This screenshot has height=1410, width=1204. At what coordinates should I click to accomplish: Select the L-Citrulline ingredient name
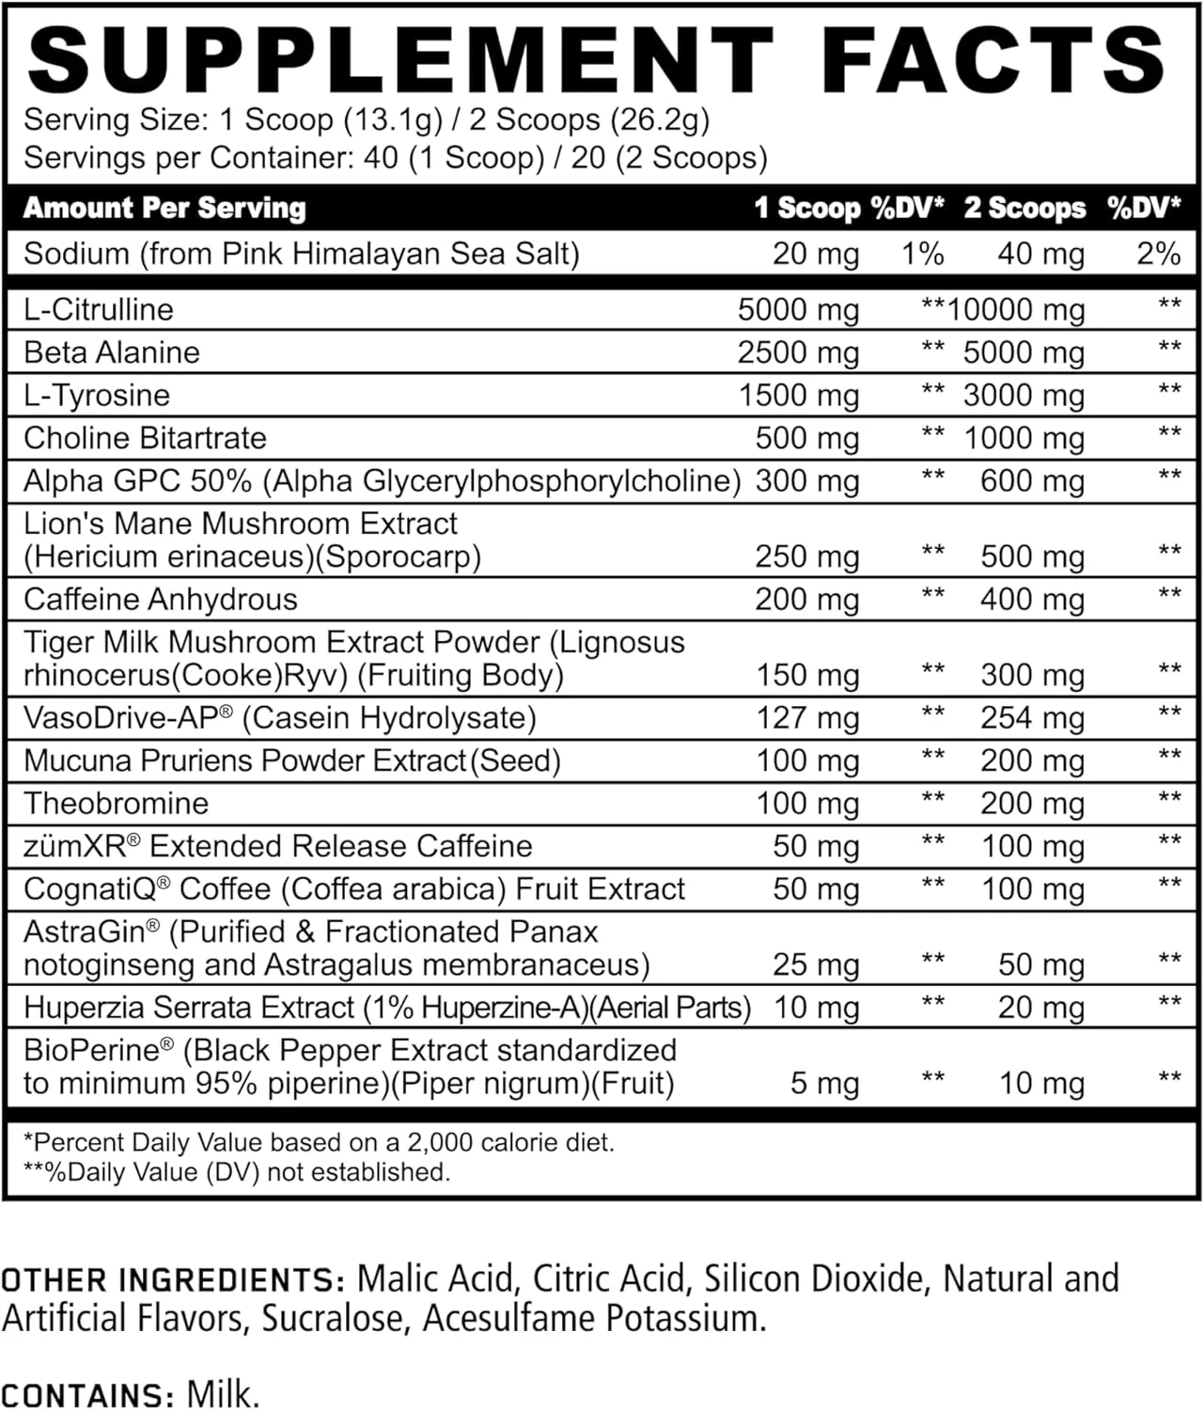99,309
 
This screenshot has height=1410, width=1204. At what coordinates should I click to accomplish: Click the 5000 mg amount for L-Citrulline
798,309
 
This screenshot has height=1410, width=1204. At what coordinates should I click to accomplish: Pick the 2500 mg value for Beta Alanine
798,352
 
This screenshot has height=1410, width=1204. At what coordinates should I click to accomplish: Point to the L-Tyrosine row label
97,395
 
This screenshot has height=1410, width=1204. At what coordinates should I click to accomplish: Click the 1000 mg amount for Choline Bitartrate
1024,438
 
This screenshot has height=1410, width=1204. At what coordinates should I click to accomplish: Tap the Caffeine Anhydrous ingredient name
161,599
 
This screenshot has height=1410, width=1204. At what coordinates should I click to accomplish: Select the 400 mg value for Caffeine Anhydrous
1032,599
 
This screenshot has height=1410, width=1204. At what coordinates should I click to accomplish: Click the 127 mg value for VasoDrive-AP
807,718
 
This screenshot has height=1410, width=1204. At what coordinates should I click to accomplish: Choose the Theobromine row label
117,804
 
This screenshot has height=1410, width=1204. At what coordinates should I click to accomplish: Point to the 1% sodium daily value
922,254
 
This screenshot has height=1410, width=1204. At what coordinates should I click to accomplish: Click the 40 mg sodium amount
1040,254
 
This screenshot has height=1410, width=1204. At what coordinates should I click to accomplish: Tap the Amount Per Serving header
165,208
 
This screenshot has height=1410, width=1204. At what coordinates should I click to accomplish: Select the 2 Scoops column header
1024,208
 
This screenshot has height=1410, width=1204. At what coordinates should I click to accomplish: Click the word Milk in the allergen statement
222,1393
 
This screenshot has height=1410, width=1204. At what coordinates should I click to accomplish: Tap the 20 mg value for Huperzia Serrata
1040,1008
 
